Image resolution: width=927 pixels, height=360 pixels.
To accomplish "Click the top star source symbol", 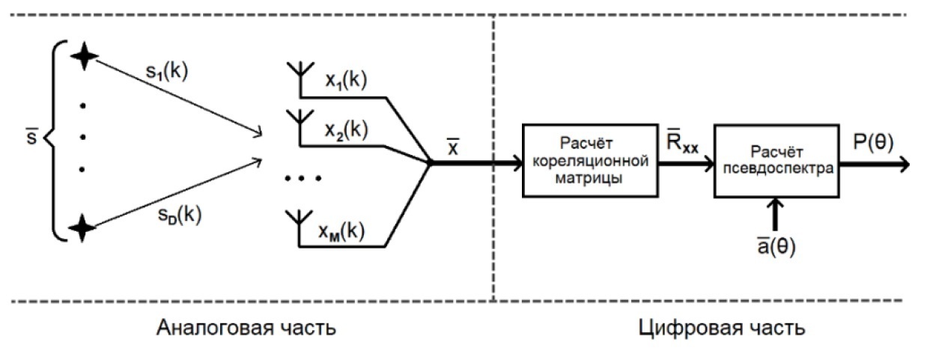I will pyautogui.click(x=83, y=55).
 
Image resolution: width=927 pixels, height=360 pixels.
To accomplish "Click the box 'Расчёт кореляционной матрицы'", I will pyautogui.click(x=589, y=160).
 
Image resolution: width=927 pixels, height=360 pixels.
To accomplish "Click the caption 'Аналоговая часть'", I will pyautogui.click(x=246, y=328).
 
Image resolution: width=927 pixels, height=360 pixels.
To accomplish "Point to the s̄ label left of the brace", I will pyautogui.click(x=29, y=138).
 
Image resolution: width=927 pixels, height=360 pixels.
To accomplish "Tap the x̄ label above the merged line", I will pyautogui.click(x=454, y=146).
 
